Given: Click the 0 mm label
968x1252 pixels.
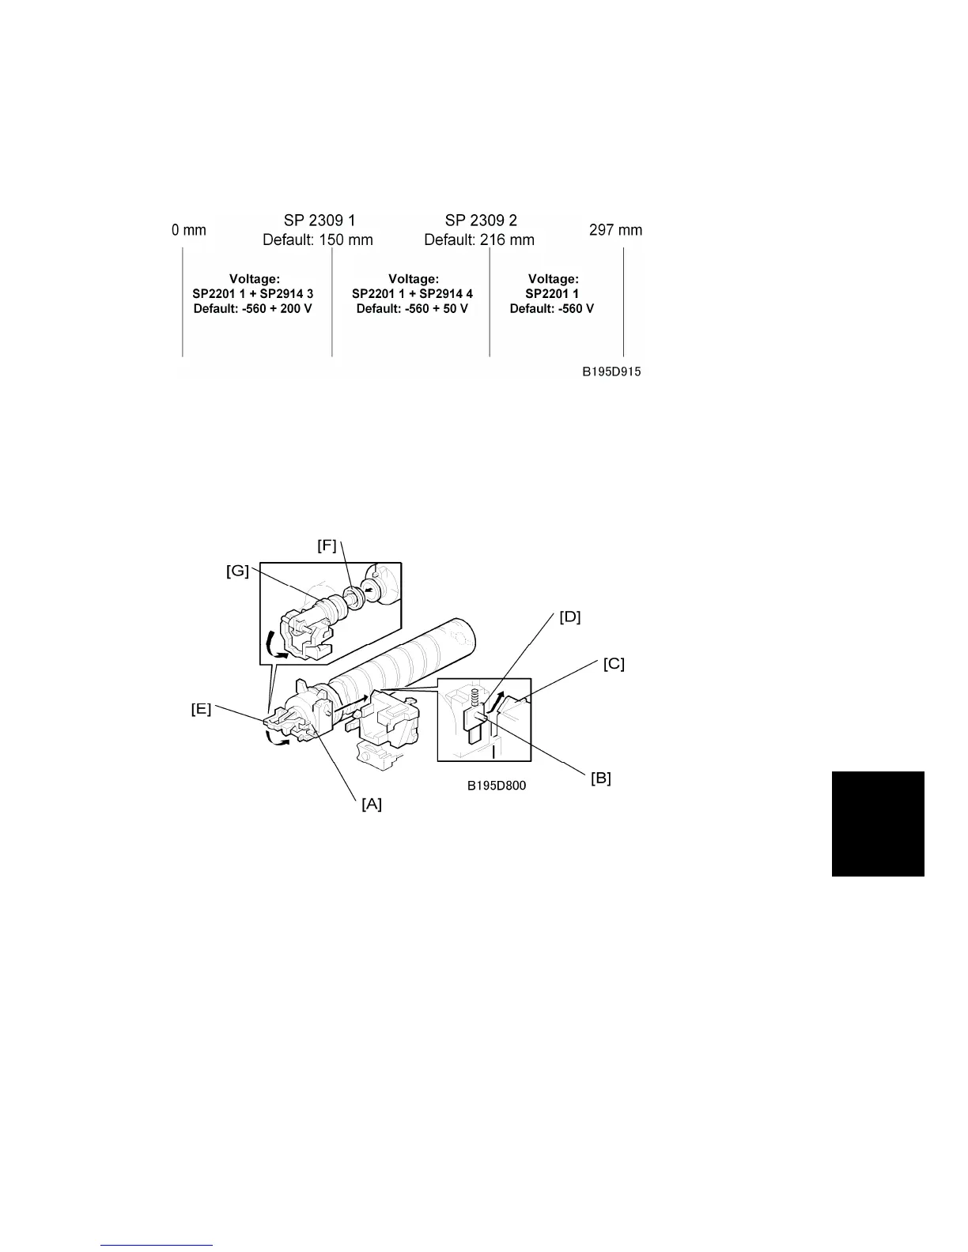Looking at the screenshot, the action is click(188, 230).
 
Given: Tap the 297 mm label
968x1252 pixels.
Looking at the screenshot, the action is click(615, 230).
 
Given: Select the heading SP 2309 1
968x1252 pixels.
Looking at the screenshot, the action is click(319, 221).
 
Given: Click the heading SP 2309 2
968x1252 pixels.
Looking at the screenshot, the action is click(480, 221).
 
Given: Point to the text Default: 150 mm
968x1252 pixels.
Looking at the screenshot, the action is click(318, 239).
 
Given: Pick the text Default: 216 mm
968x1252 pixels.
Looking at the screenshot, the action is click(479, 239).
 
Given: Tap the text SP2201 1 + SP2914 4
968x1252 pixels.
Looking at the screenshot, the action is click(412, 294).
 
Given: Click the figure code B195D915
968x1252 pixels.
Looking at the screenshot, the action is click(612, 372).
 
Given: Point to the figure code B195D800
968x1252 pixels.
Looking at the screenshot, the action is click(496, 786).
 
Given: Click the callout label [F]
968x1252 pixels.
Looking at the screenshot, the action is click(327, 545).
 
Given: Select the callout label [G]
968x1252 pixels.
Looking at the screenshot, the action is click(237, 571).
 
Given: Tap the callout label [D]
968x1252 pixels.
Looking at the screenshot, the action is click(569, 617).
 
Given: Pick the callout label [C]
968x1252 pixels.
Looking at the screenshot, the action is click(613, 664).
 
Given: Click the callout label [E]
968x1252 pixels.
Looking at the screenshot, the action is click(201, 709).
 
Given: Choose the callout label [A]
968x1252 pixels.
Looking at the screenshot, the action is click(372, 804).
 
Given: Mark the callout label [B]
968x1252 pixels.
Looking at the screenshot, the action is click(601, 778).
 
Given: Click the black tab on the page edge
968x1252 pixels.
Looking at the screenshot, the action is click(878, 824).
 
